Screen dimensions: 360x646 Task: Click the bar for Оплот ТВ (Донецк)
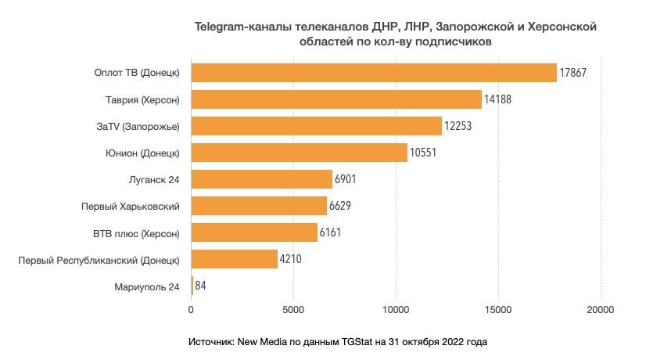374,73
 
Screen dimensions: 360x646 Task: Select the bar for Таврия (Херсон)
336,99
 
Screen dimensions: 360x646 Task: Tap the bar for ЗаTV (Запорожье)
317,126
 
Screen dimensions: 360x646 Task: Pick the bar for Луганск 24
261,179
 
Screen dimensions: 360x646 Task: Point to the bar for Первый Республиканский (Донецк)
234,259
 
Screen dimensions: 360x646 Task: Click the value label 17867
573,73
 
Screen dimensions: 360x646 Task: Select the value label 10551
423,153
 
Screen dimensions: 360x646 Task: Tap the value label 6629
343,206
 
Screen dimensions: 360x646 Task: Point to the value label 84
200,286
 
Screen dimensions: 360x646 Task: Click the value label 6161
333,232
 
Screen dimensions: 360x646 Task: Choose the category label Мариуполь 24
147,286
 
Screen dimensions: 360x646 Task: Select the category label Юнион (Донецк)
142,153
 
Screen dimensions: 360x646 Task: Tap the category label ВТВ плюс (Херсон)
136,232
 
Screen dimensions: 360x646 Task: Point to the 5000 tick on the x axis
293,310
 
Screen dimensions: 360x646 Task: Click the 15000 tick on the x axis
498,310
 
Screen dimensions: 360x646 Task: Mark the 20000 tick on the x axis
601,310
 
